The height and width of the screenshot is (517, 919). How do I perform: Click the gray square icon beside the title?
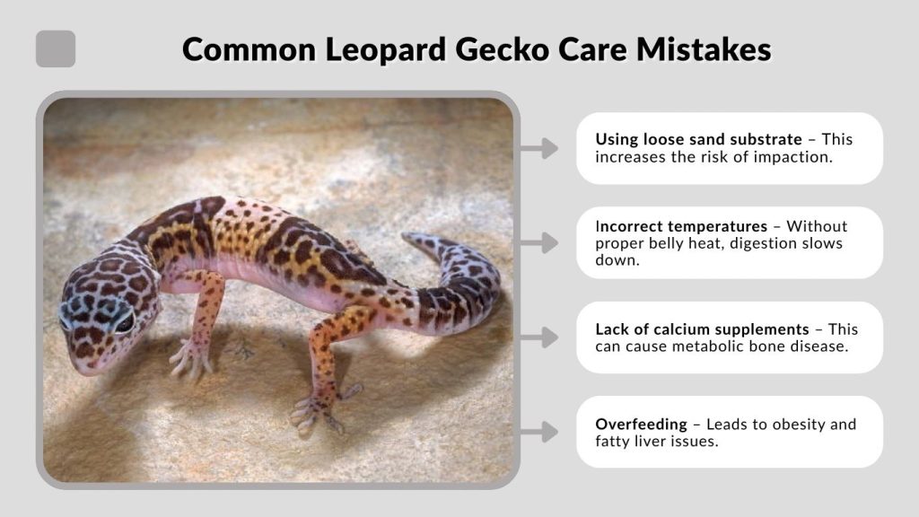[56, 48]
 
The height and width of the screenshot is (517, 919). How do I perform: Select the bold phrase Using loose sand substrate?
[698, 140]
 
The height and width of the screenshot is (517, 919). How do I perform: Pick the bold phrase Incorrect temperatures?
[681, 226]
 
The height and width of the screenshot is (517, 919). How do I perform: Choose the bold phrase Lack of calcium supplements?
[702, 329]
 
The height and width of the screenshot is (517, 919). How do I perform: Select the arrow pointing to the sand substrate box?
[539, 148]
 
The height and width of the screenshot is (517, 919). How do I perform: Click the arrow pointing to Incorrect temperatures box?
[539, 242]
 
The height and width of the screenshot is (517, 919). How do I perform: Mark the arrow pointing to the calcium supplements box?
[539, 337]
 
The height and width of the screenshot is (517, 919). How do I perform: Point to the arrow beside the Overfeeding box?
[539, 432]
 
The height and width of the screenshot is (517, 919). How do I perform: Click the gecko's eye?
[124, 321]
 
